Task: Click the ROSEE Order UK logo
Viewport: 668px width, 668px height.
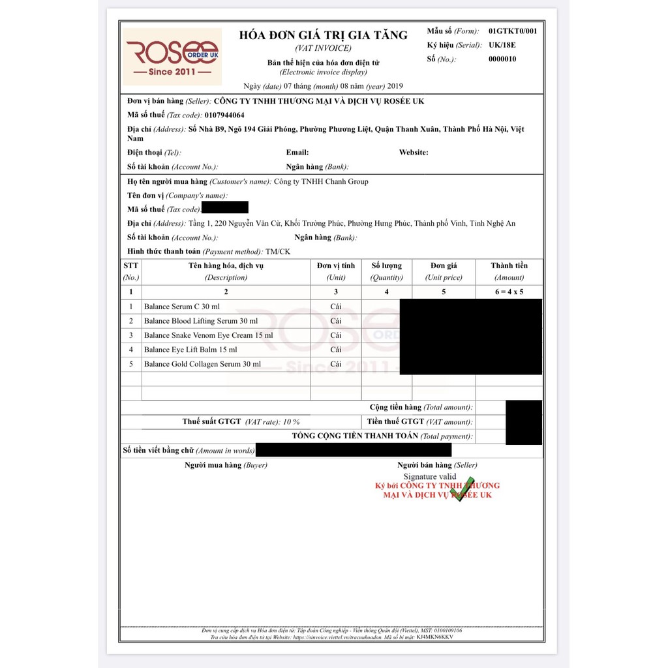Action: tap(173, 57)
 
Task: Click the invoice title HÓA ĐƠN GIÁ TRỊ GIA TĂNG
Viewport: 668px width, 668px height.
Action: tap(323, 35)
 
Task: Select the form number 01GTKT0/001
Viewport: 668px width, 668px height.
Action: tap(513, 31)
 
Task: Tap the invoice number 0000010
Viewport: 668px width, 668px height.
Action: tap(502, 59)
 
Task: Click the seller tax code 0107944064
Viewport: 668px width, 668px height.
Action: tap(224, 115)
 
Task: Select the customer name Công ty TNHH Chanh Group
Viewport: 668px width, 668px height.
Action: tap(321, 181)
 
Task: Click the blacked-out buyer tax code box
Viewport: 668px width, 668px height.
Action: tap(225, 208)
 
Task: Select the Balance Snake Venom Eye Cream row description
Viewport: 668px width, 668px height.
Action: tap(208, 335)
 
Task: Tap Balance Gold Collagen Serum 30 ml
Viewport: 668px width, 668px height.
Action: tap(202, 364)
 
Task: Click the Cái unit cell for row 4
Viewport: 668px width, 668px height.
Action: tap(336, 350)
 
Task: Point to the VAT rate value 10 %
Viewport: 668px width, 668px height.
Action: tap(291, 422)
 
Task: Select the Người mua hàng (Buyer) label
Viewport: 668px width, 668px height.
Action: tap(226, 465)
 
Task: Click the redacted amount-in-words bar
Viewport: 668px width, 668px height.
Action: tap(354, 450)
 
